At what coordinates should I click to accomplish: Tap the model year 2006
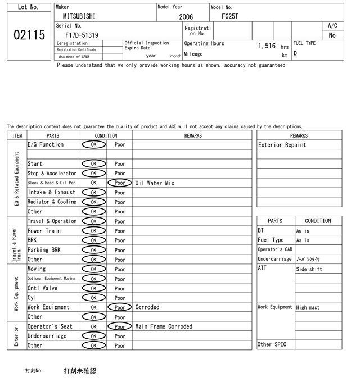(186, 17)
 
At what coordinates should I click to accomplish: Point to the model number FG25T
(230, 16)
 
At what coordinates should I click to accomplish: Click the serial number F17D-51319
(82, 35)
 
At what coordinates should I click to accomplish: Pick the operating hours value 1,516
(267, 46)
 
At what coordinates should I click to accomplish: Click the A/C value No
(332, 35)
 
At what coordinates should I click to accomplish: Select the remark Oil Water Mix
(155, 183)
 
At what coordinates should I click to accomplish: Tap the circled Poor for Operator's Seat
(120, 326)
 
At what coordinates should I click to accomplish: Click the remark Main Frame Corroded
(164, 326)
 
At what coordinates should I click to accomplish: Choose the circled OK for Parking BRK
(94, 250)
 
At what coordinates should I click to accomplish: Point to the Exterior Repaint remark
(282, 145)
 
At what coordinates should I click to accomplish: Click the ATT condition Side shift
(309, 269)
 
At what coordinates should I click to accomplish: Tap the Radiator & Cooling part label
(52, 202)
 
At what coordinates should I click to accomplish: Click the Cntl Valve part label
(43, 288)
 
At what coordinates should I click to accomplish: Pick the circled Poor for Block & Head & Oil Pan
(120, 183)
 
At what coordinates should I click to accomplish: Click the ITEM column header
(17, 135)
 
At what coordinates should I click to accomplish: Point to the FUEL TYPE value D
(295, 54)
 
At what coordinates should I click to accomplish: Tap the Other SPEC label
(272, 344)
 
